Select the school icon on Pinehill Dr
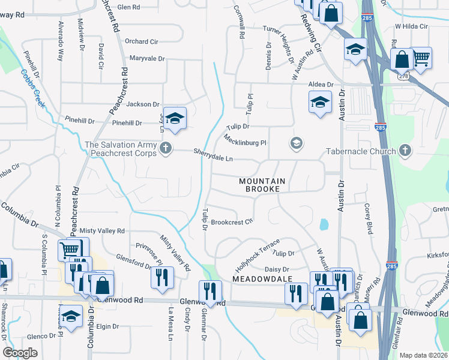[x=175, y=119]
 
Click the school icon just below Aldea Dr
[x=320, y=103]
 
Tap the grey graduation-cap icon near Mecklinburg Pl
[x=295, y=143]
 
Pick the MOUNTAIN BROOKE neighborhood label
[x=260, y=185]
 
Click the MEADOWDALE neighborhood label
[x=262, y=280]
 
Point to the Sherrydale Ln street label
[x=213, y=154]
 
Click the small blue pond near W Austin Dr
[x=325, y=225]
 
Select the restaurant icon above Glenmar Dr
[x=210, y=292]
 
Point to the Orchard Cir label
[x=141, y=41]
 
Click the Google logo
[x=21, y=352]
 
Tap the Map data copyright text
[x=424, y=355]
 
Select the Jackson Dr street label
[x=143, y=104]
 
